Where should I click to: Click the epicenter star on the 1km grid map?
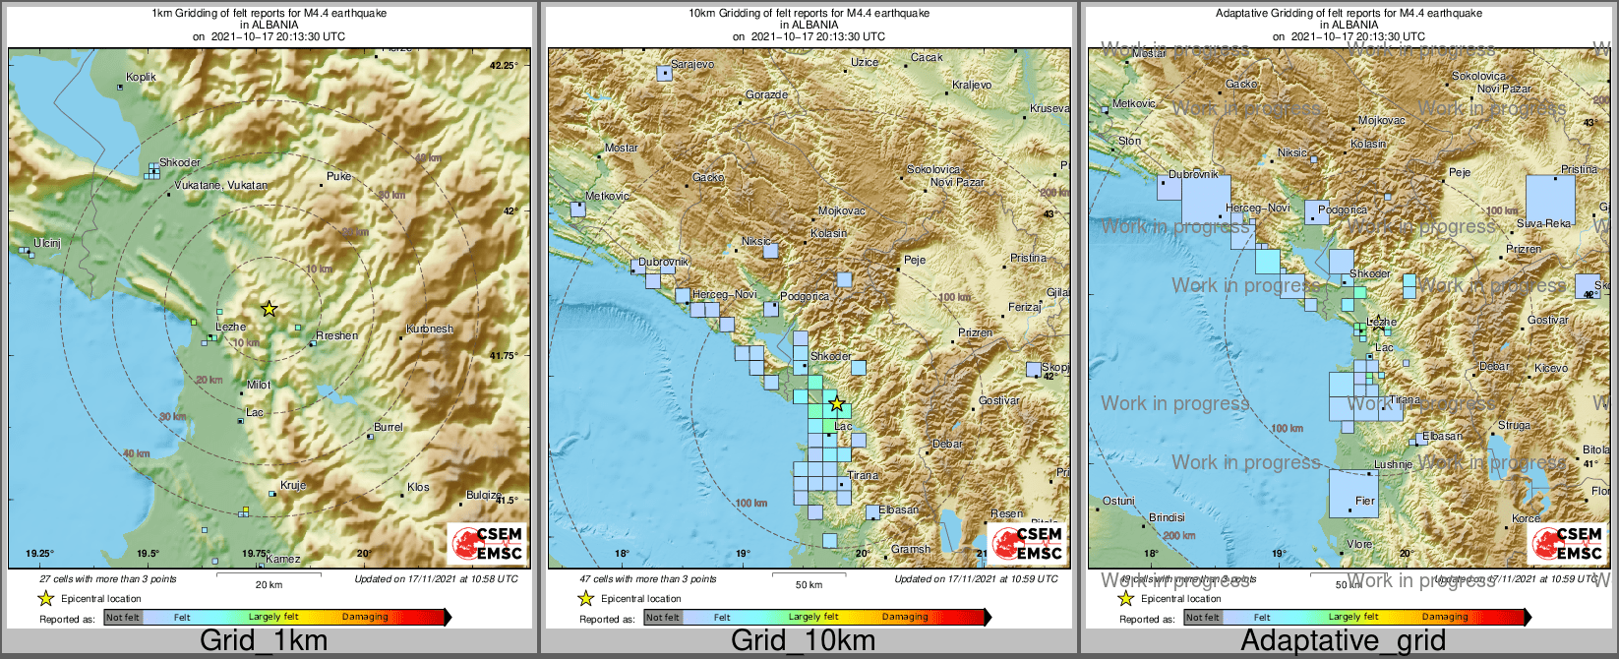(269, 309)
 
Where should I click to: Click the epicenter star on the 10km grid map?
(836, 403)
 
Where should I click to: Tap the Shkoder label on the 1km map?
(180, 163)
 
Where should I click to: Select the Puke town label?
(338, 177)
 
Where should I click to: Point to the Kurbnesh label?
(430, 329)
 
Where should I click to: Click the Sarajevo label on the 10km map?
(691, 65)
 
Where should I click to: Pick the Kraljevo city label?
(972, 86)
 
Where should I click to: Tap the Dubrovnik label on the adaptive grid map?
(1193, 174)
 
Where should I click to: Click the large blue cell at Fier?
(1352, 494)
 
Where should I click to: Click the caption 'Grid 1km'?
(264, 641)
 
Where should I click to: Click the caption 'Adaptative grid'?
(1343, 641)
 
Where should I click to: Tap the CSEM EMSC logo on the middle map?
(1027, 544)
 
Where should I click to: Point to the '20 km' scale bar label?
(269, 584)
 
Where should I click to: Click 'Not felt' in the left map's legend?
(123, 618)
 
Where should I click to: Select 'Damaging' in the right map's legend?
(1444, 618)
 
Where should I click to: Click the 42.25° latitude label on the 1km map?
(503, 66)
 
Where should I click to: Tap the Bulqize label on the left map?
(483, 496)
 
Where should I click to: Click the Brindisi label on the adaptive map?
(1167, 517)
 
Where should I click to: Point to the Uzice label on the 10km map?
(865, 63)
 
